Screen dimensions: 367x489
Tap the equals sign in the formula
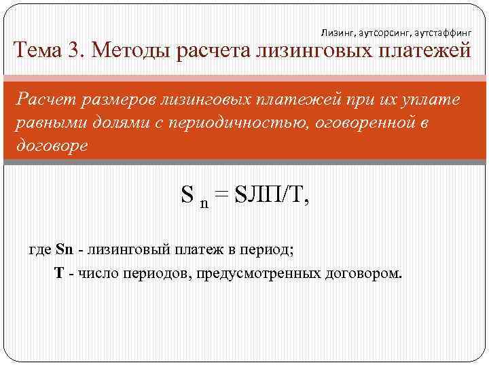(x=221, y=196)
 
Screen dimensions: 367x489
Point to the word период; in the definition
(x=269, y=249)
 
